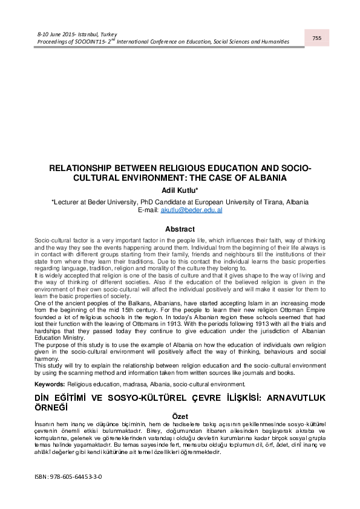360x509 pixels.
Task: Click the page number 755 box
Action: pyautogui.click(x=316, y=38)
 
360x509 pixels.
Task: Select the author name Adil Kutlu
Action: pyautogui.click(x=180, y=190)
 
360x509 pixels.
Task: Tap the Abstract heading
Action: pyautogui.click(x=180, y=229)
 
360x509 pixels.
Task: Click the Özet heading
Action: pyautogui.click(x=180, y=417)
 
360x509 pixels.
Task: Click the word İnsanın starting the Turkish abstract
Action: pyautogui.click(x=46, y=425)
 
